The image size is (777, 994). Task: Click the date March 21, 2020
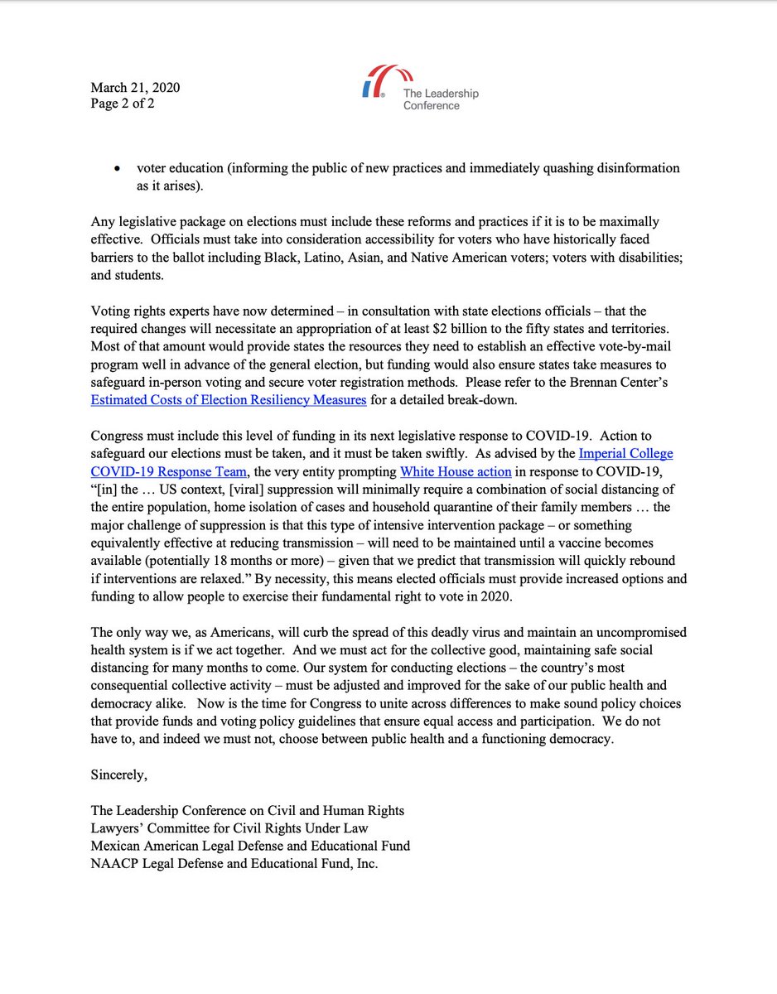[x=135, y=88]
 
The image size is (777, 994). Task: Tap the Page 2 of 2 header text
[x=123, y=104]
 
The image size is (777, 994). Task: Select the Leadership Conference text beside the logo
[x=440, y=99]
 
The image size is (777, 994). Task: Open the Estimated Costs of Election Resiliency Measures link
[x=229, y=400]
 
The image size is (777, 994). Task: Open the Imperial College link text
[x=625, y=454]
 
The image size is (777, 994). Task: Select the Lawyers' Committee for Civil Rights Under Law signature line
[x=229, y=828]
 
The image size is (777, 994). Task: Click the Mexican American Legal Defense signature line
[x=250, y=846]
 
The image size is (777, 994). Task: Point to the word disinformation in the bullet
[x=639, y=168]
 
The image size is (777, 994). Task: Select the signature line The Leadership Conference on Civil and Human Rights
[x=248, y=810]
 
